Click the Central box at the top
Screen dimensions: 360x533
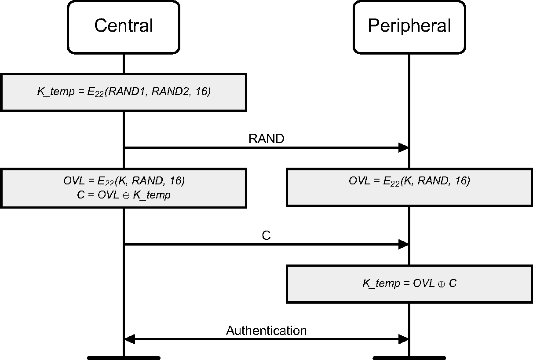coord(123,26)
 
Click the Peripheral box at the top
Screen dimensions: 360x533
coord(409,26)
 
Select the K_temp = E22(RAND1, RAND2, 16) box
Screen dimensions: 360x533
coord(123,92)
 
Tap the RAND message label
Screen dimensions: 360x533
coord(266,139)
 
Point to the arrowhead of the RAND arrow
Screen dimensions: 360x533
coord(404,148)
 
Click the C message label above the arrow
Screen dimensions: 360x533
coord(266,235)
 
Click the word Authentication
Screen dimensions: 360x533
coord(266,331)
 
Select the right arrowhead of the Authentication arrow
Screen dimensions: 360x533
coord(404,339)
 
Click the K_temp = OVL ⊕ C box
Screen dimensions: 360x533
coord(409,283)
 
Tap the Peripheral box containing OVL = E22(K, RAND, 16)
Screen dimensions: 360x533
coord(409,187)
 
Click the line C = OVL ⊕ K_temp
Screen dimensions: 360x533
coord(123,195)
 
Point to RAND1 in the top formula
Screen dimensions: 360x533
coord(129,92)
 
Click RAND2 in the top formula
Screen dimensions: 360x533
coord(169,92)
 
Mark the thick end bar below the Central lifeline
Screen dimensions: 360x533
coord(123,358)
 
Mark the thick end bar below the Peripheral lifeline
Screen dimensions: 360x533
coord(409,358)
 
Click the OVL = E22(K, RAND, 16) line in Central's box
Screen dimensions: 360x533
coord(123,180)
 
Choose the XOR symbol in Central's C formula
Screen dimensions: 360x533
coord(127,195)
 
